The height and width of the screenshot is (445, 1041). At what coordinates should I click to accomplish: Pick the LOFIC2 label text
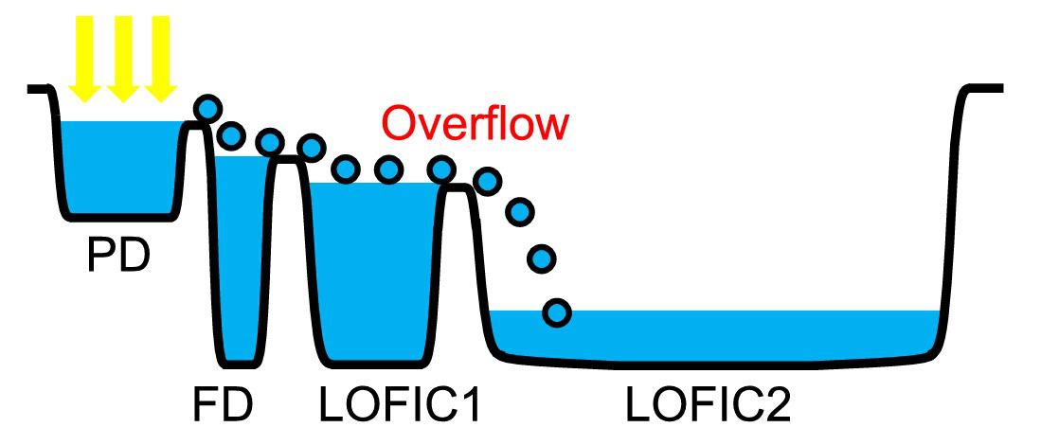[x=709, y=405]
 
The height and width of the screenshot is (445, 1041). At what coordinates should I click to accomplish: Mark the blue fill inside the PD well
[x=118, y=166]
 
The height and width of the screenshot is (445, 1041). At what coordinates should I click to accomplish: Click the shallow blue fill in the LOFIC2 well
[x=720, y=334]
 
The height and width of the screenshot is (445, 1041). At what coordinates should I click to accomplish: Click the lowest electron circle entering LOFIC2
[x=558, y=311]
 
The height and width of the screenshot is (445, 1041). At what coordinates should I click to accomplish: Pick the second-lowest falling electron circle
[x=542, y=257]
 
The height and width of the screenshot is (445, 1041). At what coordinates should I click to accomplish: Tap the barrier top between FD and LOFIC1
[x=289, y=161]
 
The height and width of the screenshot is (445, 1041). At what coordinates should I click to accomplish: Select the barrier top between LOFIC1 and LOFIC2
[x=460, y=188]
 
